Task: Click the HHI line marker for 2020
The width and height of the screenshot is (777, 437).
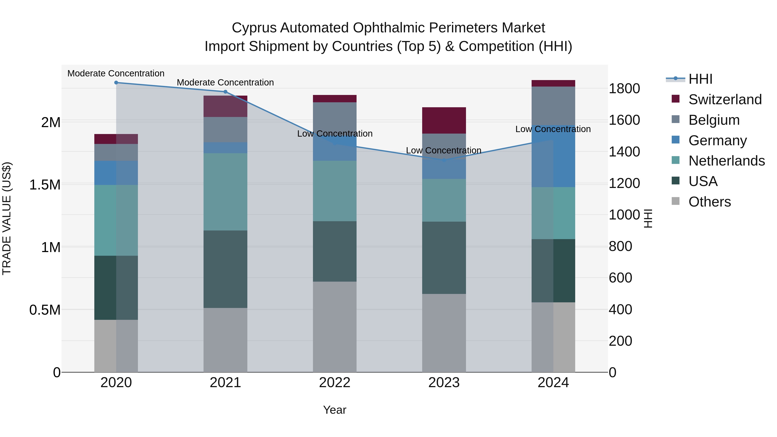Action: [116, 83]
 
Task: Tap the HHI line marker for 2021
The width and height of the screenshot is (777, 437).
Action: [225, 92]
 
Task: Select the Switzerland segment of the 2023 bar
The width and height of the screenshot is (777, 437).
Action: [444, 120]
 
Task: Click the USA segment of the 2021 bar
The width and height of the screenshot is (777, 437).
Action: [225, 269]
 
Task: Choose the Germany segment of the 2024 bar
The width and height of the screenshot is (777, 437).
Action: [553, 156]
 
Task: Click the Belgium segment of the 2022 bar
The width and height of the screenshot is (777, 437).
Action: [335, 116]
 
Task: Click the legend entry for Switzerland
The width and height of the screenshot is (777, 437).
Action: [725, 99]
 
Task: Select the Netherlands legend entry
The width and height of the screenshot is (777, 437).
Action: [726, 161]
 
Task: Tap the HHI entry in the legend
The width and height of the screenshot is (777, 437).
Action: [700, 79]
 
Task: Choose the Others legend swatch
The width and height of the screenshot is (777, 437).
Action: [676, 201]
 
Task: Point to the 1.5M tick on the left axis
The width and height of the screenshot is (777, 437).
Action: [45, 185]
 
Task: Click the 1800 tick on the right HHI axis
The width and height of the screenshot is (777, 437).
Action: [624, 89]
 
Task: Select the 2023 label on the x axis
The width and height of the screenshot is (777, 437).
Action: [444, 383]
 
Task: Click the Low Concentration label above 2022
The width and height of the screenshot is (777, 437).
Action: [335, 134]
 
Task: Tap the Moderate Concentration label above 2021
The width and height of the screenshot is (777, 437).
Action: [225, 82]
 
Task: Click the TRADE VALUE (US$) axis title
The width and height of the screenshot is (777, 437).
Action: [7, 218]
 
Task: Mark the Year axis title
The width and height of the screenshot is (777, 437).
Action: [335, 410]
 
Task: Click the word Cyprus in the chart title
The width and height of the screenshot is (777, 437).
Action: [254, 28]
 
